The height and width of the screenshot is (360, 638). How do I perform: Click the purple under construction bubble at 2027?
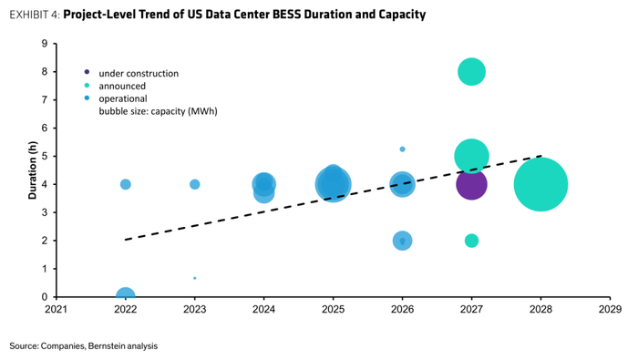[471, 184]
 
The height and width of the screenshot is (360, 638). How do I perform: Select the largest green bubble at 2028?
[540, 184]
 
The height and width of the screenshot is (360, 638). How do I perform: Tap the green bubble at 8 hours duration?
[471, 72]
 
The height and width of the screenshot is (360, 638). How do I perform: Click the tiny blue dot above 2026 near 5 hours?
[403, 149]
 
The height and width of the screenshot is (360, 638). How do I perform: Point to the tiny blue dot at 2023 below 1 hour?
[195, 278]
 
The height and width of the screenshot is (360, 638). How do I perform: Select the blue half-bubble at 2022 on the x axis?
[126, 292]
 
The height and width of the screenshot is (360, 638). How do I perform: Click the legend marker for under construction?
[87, 72]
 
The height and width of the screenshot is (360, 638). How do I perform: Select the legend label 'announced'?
[122, 87]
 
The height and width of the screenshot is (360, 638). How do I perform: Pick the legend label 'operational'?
[123, 98]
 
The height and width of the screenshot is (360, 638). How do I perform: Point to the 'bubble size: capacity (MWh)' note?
[158, 111]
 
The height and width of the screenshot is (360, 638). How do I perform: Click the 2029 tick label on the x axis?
[610, 310]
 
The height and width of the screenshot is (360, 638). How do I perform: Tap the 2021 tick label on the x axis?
[57, 310]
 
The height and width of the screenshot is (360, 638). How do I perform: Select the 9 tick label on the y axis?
[45, 44]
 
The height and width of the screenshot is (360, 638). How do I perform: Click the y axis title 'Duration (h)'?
[33, 170]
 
